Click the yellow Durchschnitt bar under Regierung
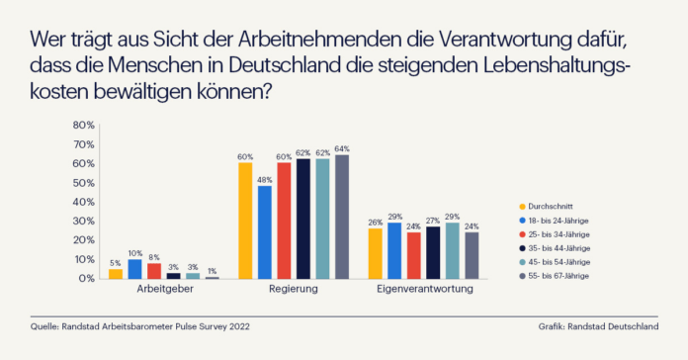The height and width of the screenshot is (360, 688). (x=245, y=221)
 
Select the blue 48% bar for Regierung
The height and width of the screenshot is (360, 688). (x=265, y=232)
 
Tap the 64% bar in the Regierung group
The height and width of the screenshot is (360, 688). (x=342, y=217)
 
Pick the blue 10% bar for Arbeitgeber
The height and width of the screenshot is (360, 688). (x=134, y=269)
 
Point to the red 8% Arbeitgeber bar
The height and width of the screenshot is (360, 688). (x=154, y=271)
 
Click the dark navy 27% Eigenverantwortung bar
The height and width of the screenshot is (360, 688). (x=433, y=252)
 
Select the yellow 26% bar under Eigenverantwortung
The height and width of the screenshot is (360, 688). (x=376, y=254)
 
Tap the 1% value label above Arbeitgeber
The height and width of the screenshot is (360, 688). (x=212, y=271)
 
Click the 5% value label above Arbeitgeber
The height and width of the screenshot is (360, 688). (x=115, y=263)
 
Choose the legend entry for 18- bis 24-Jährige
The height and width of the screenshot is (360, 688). (x=554, y=221)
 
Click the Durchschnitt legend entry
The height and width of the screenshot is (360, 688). (x=546, y=207)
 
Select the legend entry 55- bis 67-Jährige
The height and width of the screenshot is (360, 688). (x=554, y=276)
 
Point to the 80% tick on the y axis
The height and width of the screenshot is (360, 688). (x=84, y=126)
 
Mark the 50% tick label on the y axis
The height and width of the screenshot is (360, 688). (x=84, y=183)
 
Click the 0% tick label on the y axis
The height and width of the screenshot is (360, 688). (x=86, y=278)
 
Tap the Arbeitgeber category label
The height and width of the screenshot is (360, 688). (x=165, y=290)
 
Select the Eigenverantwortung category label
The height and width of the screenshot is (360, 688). (x=425, y=289)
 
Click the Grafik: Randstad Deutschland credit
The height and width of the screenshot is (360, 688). (x=598, y=326)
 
